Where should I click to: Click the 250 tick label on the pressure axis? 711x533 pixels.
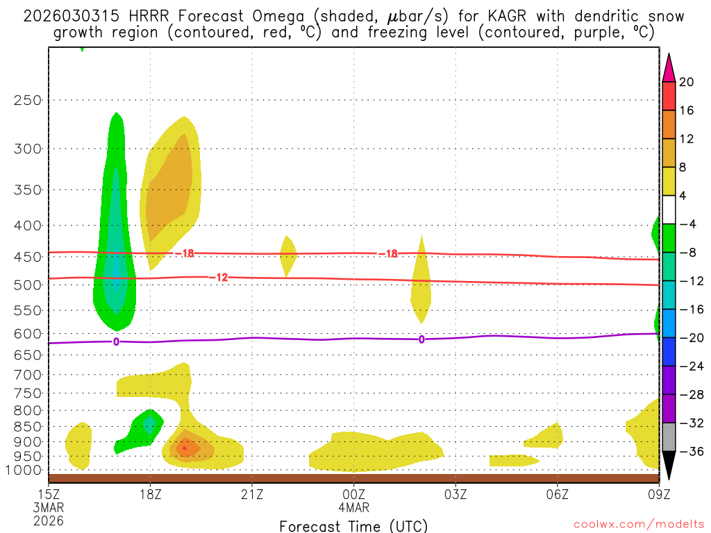click(27, 100)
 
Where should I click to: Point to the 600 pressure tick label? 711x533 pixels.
click(27, 334)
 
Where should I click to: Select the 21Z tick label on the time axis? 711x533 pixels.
click(252, 494)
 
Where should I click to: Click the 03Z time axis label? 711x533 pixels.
click(455, 494)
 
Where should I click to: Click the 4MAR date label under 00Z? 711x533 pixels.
click(354, 507)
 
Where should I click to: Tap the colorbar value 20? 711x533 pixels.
click(687, 82)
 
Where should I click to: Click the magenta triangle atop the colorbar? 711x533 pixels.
click(669, 67)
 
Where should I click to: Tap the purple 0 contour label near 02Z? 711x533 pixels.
click(421, 339)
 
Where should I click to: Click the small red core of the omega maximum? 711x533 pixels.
click(184, 448)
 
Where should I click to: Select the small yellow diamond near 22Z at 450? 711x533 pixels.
click(288, 255)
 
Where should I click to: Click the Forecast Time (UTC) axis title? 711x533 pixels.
click(353, 525)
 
